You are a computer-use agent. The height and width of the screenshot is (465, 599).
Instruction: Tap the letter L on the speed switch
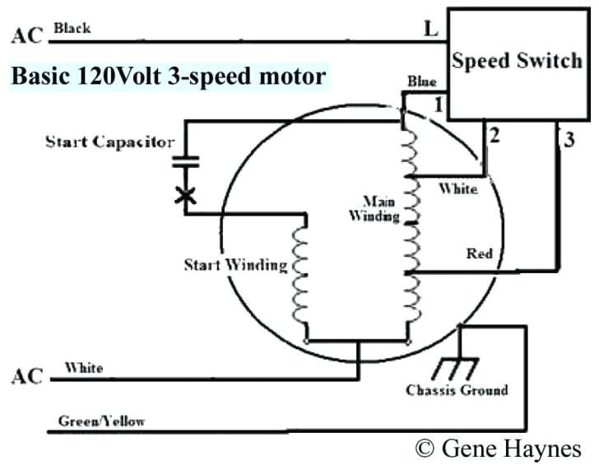click(430, 29)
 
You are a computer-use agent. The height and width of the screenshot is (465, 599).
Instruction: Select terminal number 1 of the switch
click(439, 105)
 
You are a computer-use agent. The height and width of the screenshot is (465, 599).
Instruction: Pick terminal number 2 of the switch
click(494, 137)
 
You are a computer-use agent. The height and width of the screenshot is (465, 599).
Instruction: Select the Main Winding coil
click(409, 206)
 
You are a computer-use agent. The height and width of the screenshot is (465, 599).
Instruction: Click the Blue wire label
click(420, 83)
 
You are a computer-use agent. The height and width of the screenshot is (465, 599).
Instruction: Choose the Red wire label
click(479, 253)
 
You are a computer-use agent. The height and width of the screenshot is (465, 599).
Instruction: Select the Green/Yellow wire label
click(101, 421)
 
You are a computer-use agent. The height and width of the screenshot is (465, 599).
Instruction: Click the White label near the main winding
click(457, 189)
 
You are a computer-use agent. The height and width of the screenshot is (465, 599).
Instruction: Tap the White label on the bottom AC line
click(84, 368)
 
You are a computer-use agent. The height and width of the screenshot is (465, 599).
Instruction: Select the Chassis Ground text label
click(457, 390)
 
